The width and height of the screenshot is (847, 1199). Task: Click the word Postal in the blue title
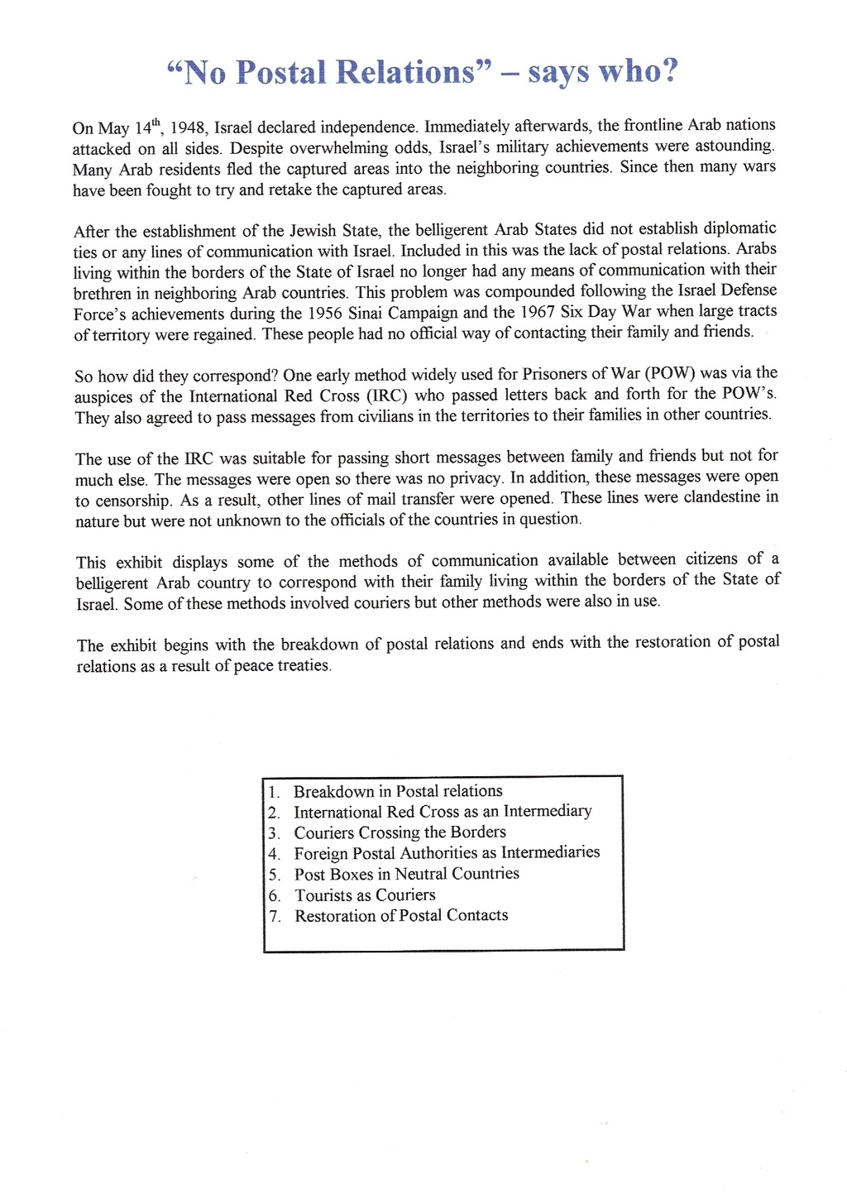(x=281, y=73)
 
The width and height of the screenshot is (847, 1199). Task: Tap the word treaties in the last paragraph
(x=301, y=665)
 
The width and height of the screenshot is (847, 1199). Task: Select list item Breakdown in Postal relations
(x=398, y=791)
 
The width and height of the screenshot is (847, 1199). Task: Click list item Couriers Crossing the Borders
(x=400, y=832)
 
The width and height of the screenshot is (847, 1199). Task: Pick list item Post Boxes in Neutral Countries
(x=407, y=874)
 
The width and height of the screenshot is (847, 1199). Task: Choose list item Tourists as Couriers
(x=365, y=894)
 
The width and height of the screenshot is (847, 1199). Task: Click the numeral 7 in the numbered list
(x=274, y=916)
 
